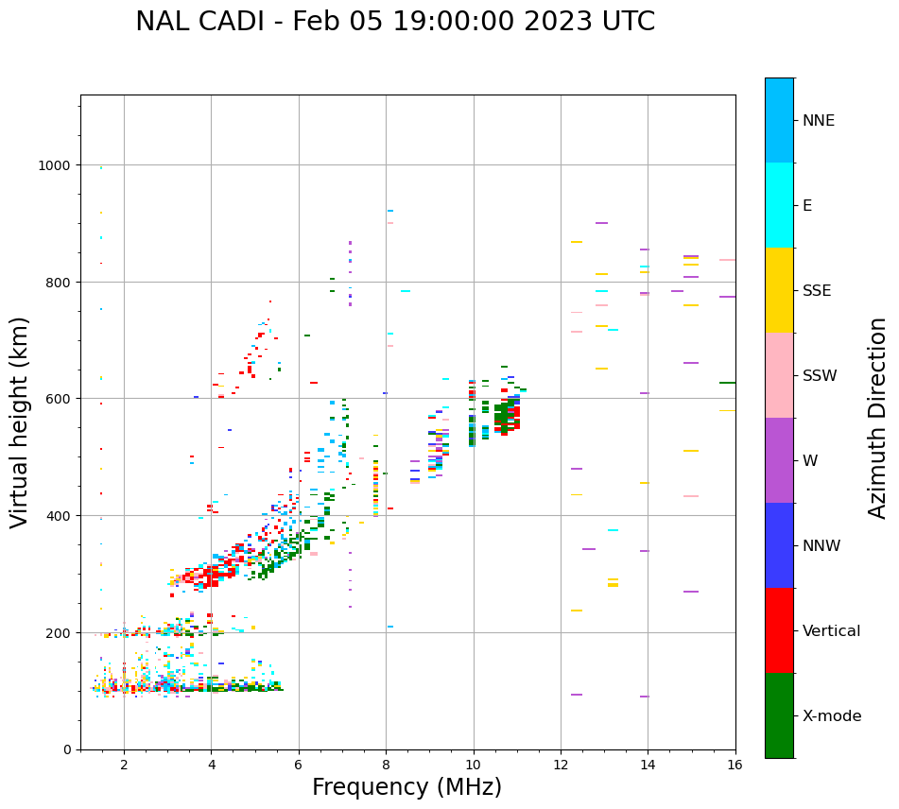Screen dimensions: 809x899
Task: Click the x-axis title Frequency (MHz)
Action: (406, 787)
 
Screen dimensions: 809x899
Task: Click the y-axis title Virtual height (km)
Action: (20, 422)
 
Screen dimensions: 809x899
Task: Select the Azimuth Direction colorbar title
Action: (878, 418)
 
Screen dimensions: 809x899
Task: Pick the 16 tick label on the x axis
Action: (735, 765)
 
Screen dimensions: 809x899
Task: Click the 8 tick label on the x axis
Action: (386, 765)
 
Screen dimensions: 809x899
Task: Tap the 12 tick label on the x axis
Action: (561, 765)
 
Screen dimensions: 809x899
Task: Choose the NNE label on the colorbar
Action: (819, 121)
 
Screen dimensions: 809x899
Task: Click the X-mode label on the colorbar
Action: (832, 716)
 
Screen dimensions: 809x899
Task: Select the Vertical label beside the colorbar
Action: (832, 631)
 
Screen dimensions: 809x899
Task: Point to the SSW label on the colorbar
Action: (820, 376)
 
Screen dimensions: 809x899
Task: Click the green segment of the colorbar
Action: (779, 715)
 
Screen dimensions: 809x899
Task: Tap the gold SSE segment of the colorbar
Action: (779, 290)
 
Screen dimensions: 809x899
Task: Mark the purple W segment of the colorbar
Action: (779, 460)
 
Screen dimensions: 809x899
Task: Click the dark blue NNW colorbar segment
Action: (779, 545)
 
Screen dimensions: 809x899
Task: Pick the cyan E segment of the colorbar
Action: (779, 205)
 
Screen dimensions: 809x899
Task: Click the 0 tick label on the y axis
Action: (67, 749)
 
